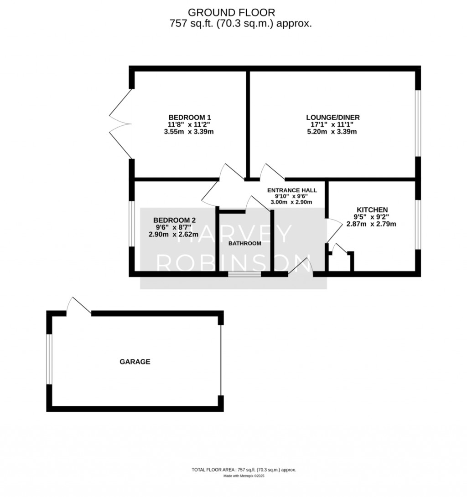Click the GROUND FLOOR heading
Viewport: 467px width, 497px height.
pos(231,12)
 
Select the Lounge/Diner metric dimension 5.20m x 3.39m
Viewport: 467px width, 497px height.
pos(332,132)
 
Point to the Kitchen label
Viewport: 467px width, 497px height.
pos(372,210)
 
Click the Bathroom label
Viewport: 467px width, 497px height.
pos(244,243)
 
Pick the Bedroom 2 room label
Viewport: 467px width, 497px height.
pos(174,220)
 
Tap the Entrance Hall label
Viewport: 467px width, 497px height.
pos(292,190)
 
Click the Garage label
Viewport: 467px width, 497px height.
pos(135,361)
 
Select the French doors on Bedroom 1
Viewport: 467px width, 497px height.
pos(120,123)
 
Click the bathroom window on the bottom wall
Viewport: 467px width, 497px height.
pos(244,274)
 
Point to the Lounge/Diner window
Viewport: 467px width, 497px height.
pos(418,123)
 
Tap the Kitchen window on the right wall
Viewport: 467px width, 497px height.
pos(418,225)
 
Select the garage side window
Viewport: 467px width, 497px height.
pos(49,359)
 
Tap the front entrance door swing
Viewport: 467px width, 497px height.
pos(301,266)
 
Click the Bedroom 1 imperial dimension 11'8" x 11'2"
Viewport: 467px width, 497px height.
pos(189,124)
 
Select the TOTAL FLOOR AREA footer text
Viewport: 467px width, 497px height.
pos(244,470)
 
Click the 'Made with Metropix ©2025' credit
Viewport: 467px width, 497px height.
pos(244,476)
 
